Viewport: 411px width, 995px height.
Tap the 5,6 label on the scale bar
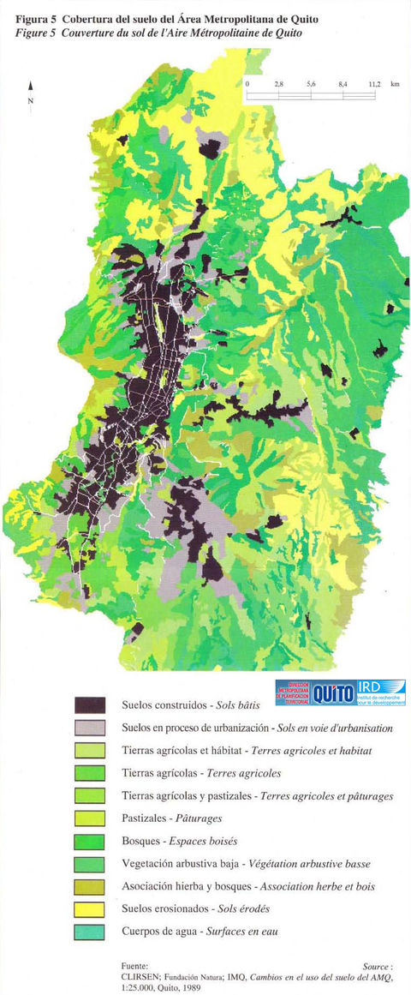point(311,85)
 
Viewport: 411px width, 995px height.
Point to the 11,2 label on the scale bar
point(374,85)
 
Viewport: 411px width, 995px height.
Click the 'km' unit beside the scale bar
point(395,85)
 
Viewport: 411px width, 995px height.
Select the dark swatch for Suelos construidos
point(89,706)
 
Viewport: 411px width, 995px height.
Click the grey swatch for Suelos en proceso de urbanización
point(89,728)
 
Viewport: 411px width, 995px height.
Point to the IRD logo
point(380,692)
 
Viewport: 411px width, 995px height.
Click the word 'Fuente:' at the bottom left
point(136,965)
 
